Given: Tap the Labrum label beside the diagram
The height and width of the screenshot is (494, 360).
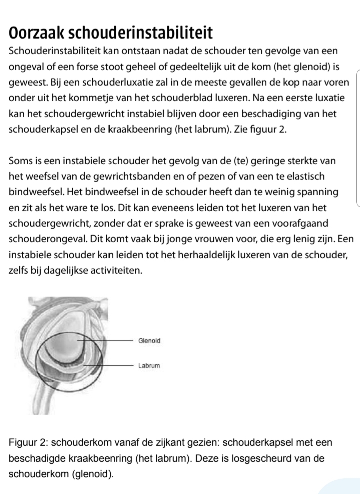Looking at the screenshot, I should (x=149, y=366).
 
